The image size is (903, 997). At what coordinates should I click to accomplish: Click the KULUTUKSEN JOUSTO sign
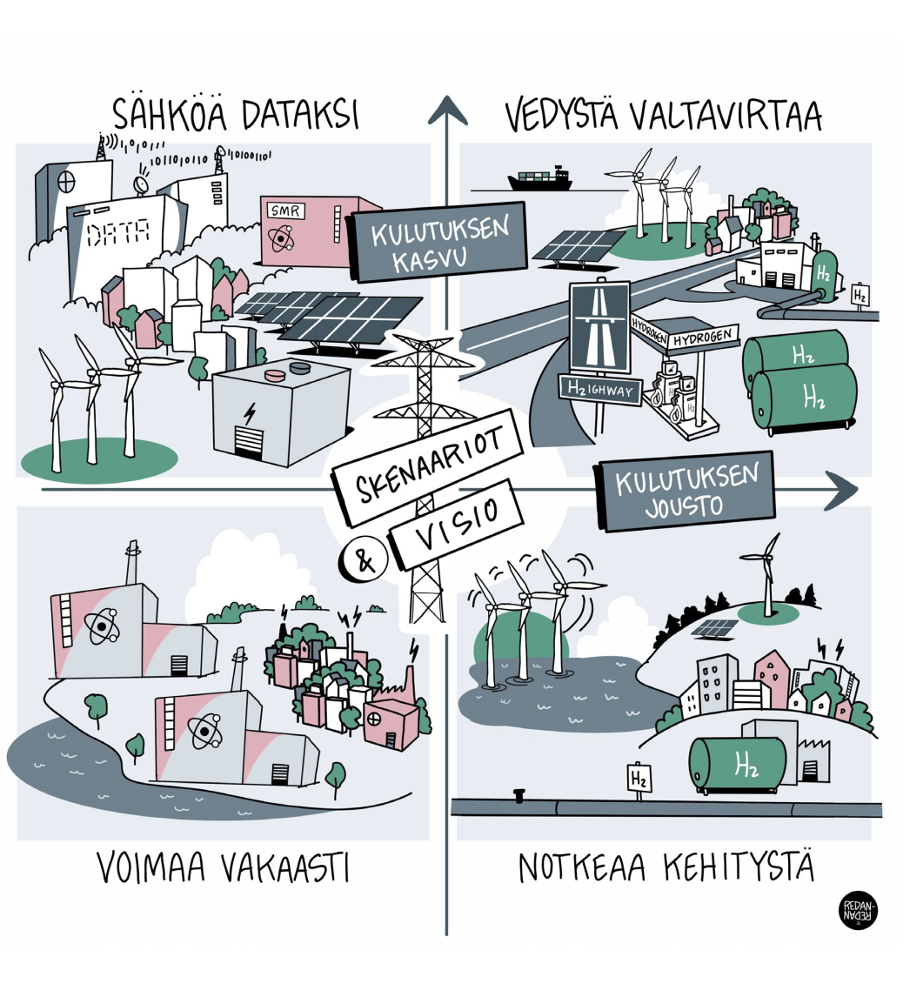(685, 491)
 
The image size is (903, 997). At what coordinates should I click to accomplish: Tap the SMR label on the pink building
(287, 211)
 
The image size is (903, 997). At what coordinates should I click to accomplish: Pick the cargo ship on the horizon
(539, 180)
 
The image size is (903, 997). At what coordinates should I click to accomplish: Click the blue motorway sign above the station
(599, 327)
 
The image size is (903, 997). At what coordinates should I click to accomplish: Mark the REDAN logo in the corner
(860, 911)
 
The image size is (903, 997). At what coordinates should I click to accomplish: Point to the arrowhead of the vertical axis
(447, 111)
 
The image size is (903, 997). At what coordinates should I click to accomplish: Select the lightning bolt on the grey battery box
(250, 414)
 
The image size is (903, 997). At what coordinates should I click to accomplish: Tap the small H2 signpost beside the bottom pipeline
(639, 776)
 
